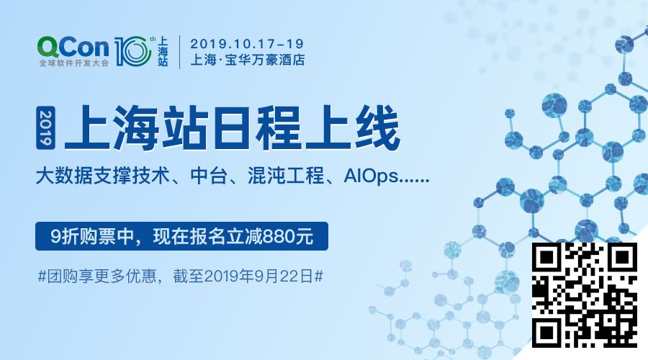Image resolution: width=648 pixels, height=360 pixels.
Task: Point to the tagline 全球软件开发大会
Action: pos(73,63)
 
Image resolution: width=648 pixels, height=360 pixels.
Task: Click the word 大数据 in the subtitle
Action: pos(58,176)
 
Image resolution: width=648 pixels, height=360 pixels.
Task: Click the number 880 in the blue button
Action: pos(282,235)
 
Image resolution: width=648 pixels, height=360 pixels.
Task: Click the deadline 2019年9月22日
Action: pos(259,275)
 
